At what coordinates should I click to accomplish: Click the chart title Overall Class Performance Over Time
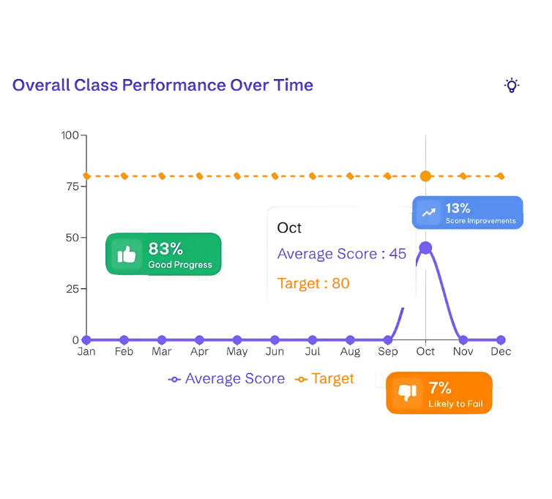(x=163, y=86)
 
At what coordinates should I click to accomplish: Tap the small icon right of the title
(x=512, y=86)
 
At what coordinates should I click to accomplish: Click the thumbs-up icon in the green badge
(x=127, y=255)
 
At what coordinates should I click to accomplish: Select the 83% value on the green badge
(x=165, y=249)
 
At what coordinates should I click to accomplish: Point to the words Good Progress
(x=180, y=265)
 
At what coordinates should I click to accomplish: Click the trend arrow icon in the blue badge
(x=429, y=213)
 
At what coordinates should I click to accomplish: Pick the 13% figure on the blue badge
(x=458, y=208)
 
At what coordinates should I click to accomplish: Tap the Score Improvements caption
(x=480, y=221)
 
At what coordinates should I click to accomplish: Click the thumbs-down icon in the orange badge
(x=407, y=393)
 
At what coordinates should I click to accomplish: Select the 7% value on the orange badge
(x=440, y=388)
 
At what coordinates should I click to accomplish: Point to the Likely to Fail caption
(x=455, y=404)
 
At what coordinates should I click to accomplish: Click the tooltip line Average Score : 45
(x=340, y=254)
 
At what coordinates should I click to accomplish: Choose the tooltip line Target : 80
(x=313, y=283)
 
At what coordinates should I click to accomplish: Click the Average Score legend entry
(x=227, y=379)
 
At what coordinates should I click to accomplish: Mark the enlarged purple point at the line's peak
(x=425, y=247)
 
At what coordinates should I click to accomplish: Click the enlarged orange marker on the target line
(x=425, y=176)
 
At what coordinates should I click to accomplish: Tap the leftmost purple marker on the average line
(x=86, y=339)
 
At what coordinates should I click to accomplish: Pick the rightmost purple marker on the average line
(x=501, y=339)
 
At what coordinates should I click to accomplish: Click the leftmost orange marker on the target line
(x=86, y=176)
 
